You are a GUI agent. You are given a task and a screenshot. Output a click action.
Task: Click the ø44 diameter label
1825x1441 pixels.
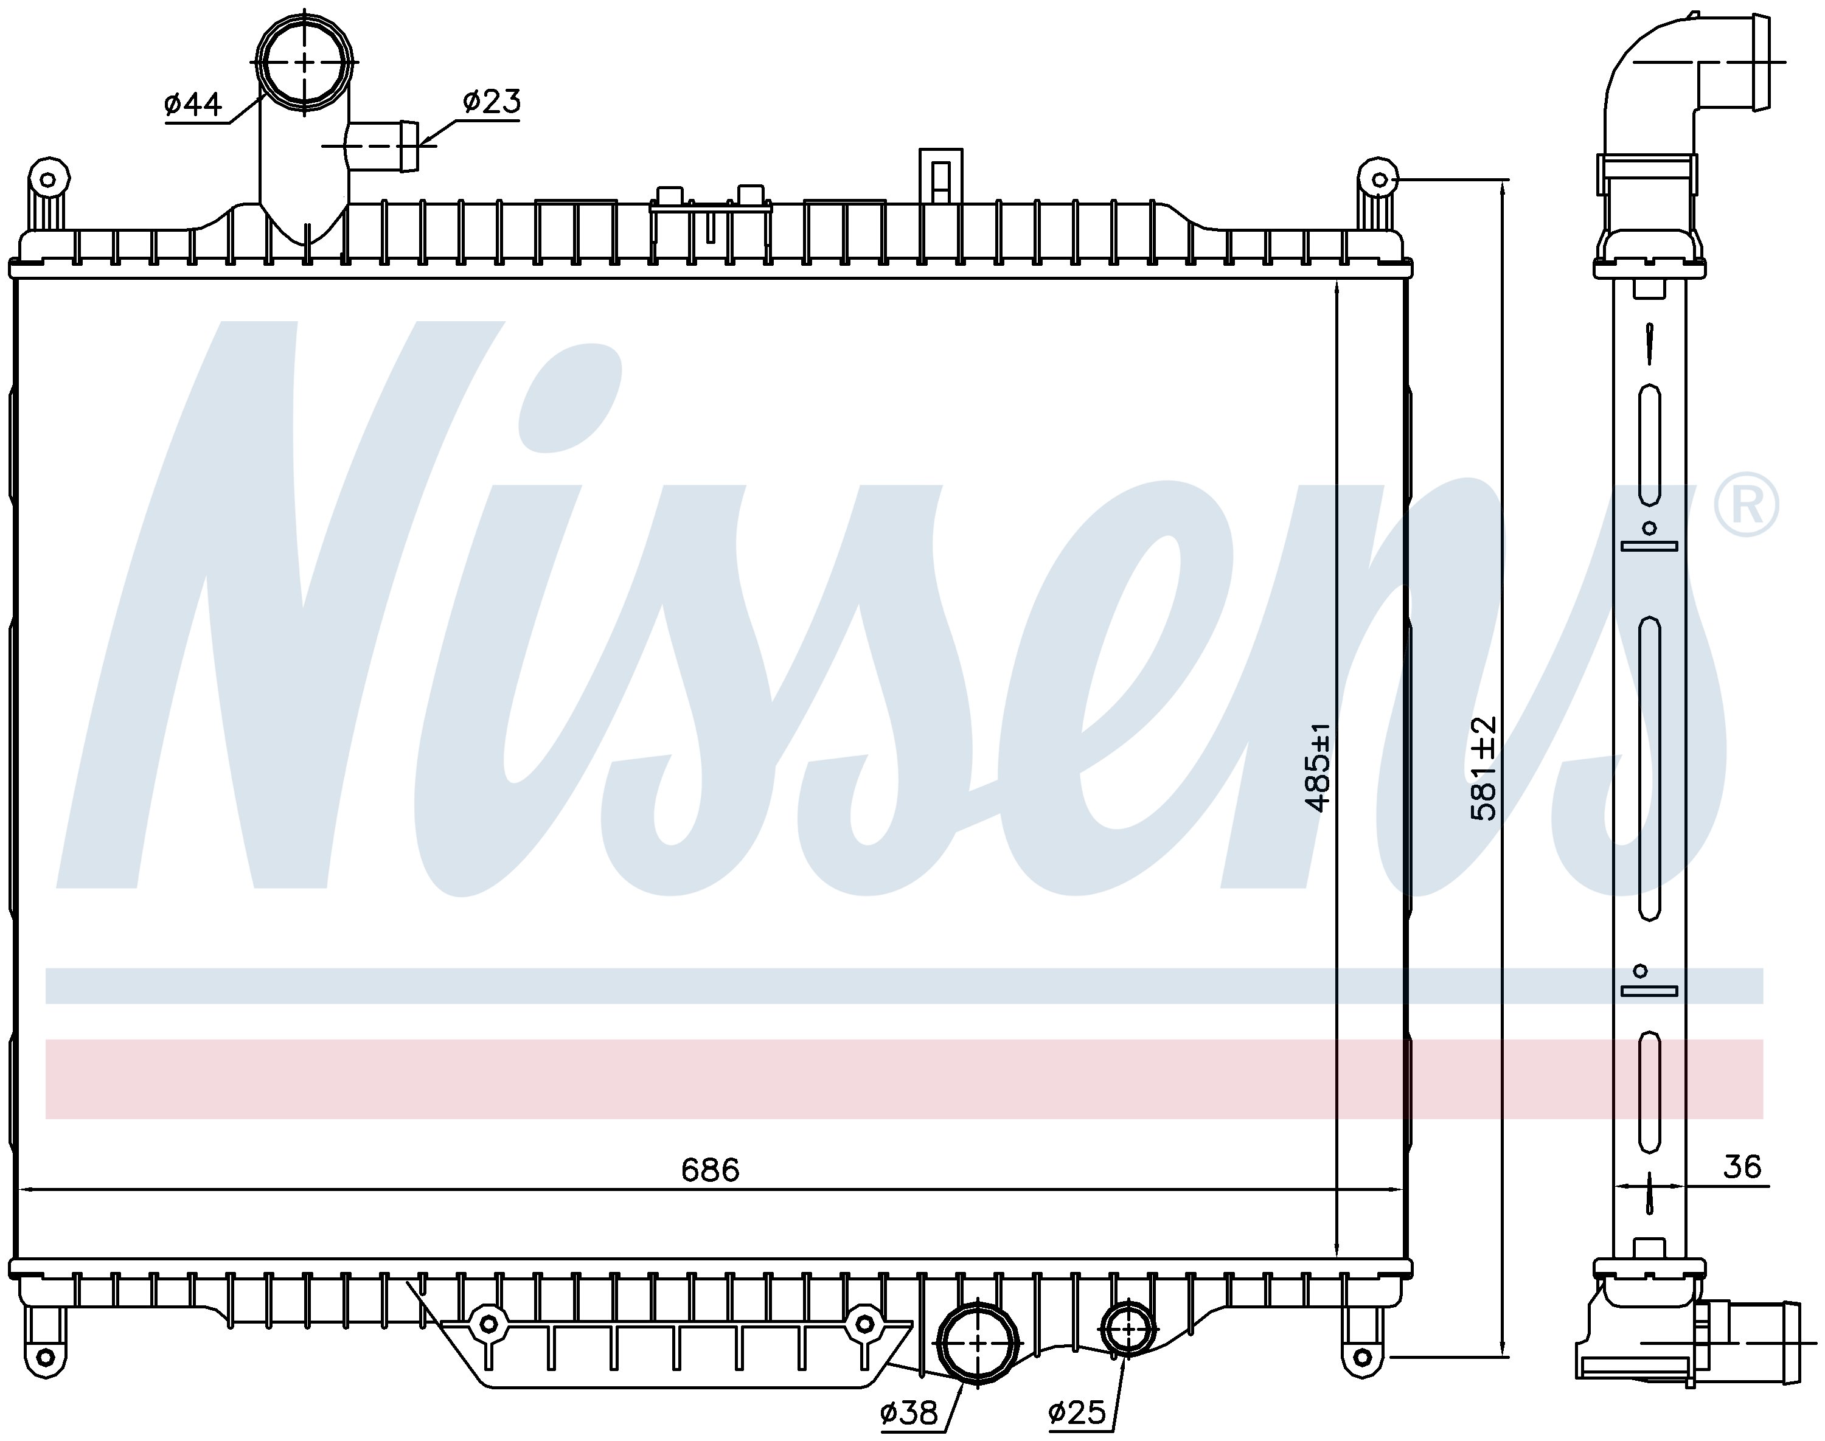pos(193,105)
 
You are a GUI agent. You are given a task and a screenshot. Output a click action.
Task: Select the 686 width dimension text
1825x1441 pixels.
pos(711,1170)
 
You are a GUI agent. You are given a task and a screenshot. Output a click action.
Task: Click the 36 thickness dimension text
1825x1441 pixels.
pos(1742,1167)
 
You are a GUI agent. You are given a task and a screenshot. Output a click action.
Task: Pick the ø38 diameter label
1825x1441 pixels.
pos(909,1412)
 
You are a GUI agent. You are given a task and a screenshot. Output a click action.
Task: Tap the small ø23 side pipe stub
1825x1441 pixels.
pos(384,146)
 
